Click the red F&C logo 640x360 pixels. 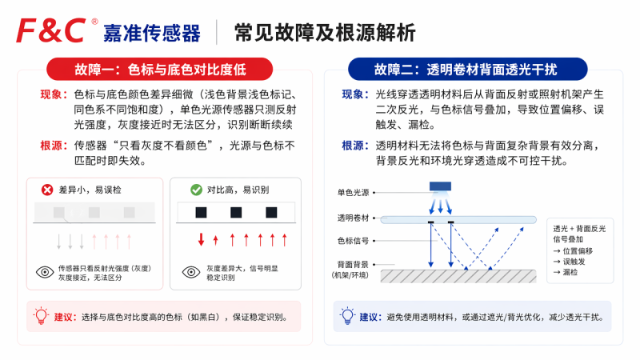click(51, 30)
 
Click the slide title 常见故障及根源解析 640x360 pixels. click(325, 33)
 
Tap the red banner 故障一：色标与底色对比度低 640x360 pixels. click(159, 69)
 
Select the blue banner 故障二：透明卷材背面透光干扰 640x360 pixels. click(467, 69)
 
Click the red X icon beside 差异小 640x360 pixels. click(47, 190)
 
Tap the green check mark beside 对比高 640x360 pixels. click(196, 190)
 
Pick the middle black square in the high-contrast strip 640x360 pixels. click(236, 212)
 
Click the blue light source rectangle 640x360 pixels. click(440, 186)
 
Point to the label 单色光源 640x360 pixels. click(353, 192)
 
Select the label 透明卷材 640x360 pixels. click(353, 218)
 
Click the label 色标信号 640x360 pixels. click(353, 241)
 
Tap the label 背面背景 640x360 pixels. click(353, 265)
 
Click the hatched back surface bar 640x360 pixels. click(458, 276)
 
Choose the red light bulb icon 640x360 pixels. click(41, 316)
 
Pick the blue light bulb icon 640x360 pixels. click(347, 316)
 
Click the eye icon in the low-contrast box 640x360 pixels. click(45, 272)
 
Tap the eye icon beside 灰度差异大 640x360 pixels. click(191, 272)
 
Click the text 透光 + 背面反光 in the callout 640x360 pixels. click(579, 229)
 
